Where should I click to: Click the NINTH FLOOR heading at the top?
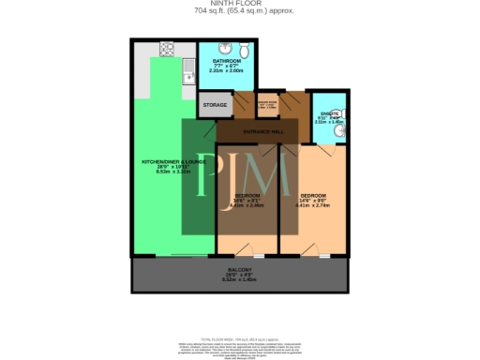point(239,4)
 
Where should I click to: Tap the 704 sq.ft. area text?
point(239,11)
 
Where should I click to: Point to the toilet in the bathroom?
point(241,51)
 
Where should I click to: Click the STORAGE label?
point(215,105)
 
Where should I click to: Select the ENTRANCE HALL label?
point(256,132)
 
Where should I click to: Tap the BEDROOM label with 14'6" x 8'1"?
point(248,195)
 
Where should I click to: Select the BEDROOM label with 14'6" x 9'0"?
point(312,195)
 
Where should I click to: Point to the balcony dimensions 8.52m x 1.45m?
point(240,279)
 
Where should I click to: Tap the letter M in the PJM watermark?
point(271,177)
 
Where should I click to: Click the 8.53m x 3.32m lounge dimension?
point(167,172)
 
